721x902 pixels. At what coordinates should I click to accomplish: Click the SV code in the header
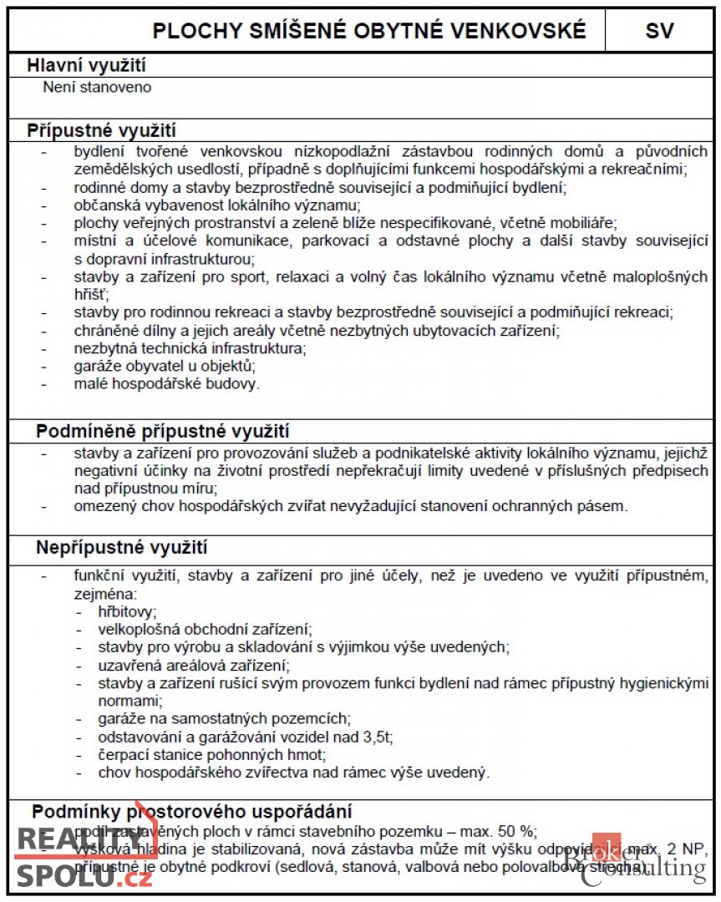pyautogui.click(x=659, y=31)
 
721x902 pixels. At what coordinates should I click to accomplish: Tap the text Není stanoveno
pyautogui.click(x=97, y=86)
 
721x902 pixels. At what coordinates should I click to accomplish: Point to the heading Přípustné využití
pyautogui.click(x=101, y=130)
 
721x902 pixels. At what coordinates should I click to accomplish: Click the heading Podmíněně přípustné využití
pyautogui.click(x=162, y=431)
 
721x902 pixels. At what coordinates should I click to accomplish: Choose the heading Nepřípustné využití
pyautogui.click(x=121, y=548)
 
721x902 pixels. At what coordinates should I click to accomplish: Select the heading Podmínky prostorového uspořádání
pyautogui.click(x=191, y=811)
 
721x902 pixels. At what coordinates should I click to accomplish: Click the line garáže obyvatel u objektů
pyautogui.click(x=164, y=365)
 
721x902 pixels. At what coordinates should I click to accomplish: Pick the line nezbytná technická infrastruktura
pyautogui.click(x=190, y=347)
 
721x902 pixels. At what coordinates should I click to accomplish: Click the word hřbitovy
pyautogui.click(x=127, y=611)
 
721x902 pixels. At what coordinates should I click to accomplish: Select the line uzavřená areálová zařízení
pyautogui.click(x=193, y=666)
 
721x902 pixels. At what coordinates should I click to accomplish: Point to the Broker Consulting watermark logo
pyautogui.click(x=635, y=860)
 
